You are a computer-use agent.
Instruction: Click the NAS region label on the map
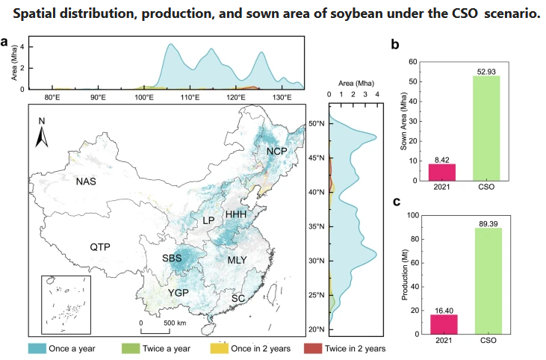point(87,181)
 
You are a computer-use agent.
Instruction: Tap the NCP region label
point(276,152)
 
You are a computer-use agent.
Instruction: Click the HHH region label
point(236,215)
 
